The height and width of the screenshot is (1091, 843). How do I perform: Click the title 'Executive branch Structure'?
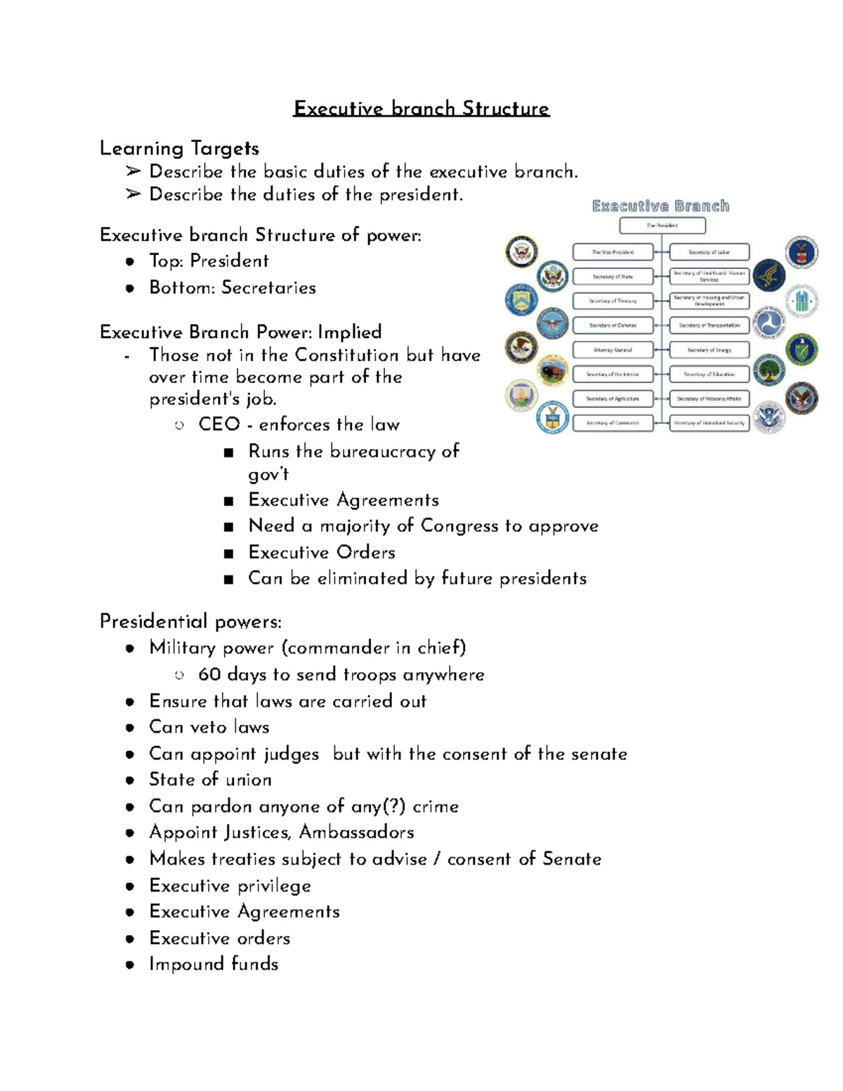click(x=421, y=108)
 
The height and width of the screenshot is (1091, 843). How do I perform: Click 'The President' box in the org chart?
click(x=662, y=226)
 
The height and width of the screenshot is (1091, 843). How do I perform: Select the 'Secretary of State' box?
click(x=613, y=276)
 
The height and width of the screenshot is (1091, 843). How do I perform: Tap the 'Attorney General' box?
click(x=613, y=350)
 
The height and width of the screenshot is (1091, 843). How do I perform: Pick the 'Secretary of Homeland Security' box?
click(x=709, y=423)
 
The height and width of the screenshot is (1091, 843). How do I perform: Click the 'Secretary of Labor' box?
click(x=709, y=251)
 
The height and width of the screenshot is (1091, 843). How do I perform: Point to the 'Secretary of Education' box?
click(x=709, y=374)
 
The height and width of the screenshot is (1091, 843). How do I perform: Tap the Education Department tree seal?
click(x=769, y=370)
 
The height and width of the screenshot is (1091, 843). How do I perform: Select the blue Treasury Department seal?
click(x=521, y=301)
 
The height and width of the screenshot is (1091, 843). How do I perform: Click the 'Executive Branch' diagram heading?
click(x=660, y=206)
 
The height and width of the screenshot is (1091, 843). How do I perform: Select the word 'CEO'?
click(x=219, y=424)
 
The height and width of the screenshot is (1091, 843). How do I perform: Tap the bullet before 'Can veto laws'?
click(x=130, y=728)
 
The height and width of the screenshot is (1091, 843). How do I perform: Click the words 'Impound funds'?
click(x=214, y=964)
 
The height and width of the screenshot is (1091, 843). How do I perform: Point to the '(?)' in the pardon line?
click(x=396, y=806)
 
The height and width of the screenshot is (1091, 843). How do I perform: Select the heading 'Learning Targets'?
click(x=179, y=148)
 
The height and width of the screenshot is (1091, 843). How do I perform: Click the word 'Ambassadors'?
click(x=356, y=832)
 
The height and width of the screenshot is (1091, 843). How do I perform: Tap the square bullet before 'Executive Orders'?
click(x=228, y=554)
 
